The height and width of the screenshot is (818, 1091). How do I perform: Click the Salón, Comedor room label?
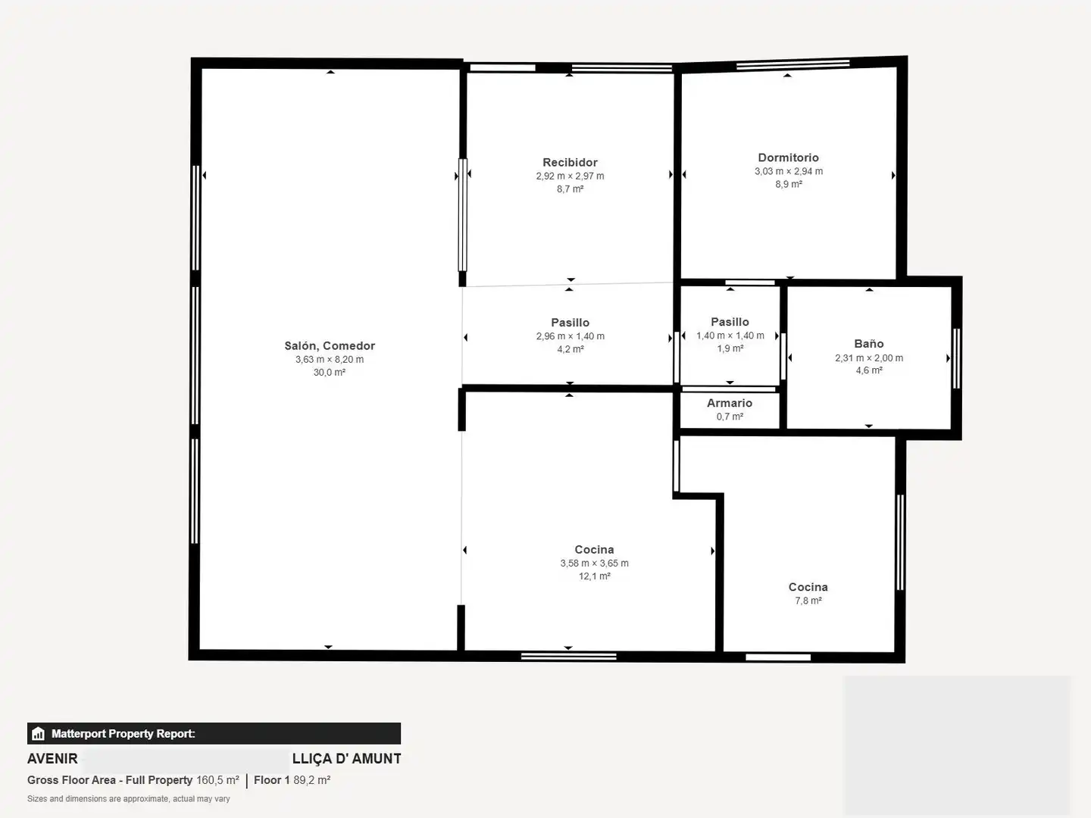coord(330,345)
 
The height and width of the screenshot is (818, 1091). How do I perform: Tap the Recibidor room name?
coord(570,162)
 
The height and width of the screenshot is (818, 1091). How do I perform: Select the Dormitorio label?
coord(788,158)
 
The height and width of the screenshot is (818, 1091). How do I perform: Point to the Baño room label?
coord(869,344)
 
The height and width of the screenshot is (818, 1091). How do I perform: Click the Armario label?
coord(730,403)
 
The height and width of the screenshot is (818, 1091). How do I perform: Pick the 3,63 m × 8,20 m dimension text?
coord(330,360)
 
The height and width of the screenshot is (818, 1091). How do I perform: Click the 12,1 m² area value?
coord(595,576)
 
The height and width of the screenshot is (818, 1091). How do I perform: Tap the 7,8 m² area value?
coord(808,601)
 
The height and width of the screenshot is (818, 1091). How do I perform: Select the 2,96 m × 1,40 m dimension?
coord(570,336)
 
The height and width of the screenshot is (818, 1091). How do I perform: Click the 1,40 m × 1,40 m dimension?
coord(730,336)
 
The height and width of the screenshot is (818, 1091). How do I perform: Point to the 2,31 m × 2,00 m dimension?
coord(869,358)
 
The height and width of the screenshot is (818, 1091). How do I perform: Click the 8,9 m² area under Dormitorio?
coord(789,184)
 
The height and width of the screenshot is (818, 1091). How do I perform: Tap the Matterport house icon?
coord(39,734)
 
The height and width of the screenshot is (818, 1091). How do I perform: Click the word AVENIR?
coord(52,759)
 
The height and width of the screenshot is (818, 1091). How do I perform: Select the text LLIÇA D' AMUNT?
coord(346,759)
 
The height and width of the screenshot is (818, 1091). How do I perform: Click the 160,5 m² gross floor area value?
coord(217,780)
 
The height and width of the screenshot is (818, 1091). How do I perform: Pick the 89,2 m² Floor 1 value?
coord(311,780)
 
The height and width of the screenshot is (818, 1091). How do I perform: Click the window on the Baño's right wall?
coord(956,358)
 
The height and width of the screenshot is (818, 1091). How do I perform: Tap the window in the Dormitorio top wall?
coord(792,64)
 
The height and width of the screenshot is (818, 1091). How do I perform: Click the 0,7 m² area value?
coord(730,417)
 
